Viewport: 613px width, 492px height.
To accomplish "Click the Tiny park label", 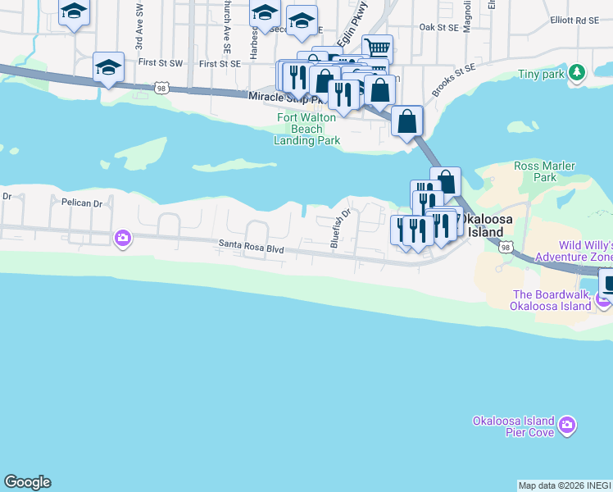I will pos(542,74).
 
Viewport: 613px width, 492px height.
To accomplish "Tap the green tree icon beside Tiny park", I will pos(578,73).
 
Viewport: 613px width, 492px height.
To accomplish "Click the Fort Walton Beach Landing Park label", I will pos(306,129).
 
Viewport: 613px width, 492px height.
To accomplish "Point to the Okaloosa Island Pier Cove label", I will pos(514,426).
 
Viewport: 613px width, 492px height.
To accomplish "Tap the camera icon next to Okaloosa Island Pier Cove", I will pos(567,425).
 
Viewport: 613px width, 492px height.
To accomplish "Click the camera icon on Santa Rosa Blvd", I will pos(123,238).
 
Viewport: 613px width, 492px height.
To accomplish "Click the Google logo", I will pos(27,482).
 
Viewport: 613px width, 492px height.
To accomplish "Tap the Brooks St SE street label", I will pos(453,81).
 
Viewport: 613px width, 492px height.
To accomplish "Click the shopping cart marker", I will pos(377,48).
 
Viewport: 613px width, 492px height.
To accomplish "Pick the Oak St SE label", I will pos(438,27).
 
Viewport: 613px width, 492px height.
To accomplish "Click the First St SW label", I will pos(158,62).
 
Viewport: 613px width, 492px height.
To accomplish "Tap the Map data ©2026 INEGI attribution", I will pos(564,485).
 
